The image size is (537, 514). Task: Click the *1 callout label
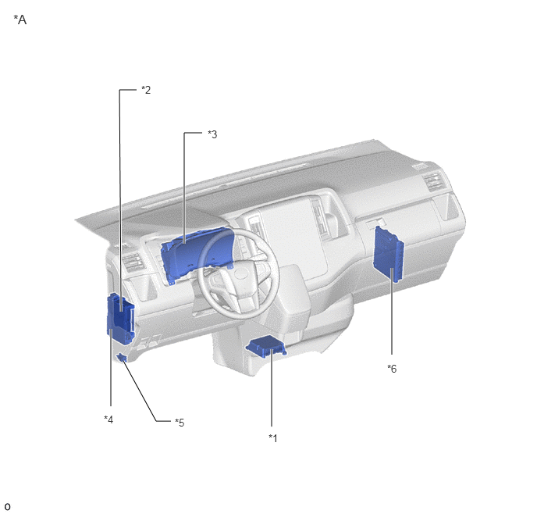click(273, 438)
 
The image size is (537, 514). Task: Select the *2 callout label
click(146, 90)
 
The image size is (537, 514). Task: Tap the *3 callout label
click(212, 134)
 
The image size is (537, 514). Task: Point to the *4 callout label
click(108, 419)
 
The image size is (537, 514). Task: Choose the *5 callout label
click(180, 423)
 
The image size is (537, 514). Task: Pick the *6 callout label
click(392, 369)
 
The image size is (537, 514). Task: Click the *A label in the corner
click(20, 20)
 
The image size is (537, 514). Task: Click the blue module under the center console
click(266, 347)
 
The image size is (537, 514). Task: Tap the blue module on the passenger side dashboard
click(388, 254)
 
